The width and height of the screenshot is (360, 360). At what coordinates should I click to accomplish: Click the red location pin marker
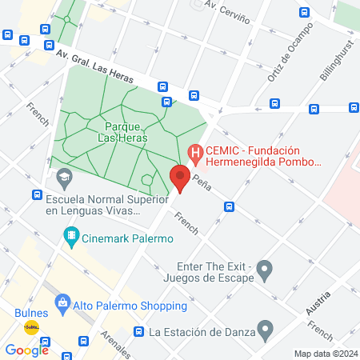tap(180, 178)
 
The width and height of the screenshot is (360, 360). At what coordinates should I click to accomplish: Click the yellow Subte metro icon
tap(31, 326)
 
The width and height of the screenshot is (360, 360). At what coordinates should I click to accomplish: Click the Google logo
tap(26, 350)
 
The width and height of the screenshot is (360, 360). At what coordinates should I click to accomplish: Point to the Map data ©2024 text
tap(325, 354)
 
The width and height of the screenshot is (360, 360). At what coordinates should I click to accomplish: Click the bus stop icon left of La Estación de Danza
tap(139, 331)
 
